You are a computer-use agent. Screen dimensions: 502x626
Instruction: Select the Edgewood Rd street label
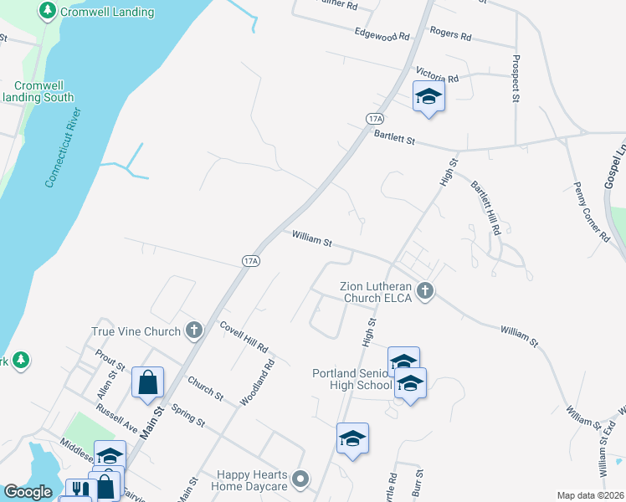point(382,36)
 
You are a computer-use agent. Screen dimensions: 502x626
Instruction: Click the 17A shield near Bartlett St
point(374,119)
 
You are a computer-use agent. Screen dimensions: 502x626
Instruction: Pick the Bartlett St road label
point(394,137)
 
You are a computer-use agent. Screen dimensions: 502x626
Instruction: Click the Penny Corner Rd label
point(591,213)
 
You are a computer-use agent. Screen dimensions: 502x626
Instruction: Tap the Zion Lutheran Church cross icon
point(426,291)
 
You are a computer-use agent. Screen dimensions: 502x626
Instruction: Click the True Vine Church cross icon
point(194,330)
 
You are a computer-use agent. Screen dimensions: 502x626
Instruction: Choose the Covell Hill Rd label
point(243,336)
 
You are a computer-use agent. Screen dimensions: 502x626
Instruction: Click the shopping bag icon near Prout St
point(148,382)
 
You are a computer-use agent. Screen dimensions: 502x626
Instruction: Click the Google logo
point(28,492)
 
